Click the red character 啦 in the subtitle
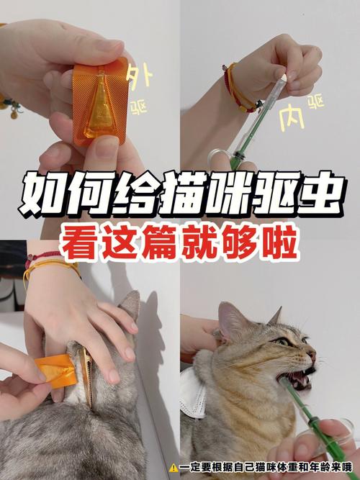pyautogui.click(x=279, y=245)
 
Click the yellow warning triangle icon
pyautogui.click(x=174, y=467)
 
